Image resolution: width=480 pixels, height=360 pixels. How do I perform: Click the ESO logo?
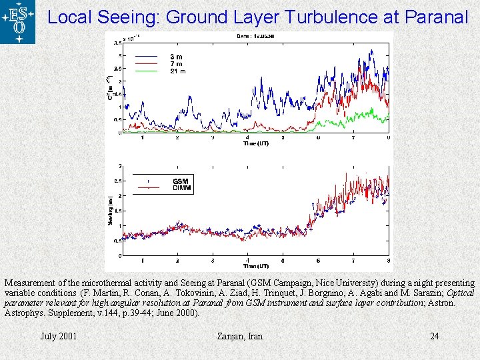(x=17, y=22)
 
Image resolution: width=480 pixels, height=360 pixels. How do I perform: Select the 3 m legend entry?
(x=176, y=57)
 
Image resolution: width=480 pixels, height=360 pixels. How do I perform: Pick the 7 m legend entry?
(x=176, y=63)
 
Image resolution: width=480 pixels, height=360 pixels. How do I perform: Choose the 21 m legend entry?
(x=177, y=70)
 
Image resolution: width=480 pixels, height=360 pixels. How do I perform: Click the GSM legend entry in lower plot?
(x=180, y=181)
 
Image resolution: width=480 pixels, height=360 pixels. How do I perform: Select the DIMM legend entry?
(x=182, y=188)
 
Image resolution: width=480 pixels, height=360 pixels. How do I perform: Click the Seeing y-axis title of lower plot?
(x=111, y=212)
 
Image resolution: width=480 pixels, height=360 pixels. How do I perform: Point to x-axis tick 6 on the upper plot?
(x=318, y=138)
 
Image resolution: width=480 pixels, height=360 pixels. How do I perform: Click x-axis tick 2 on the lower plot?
(x=177, y=259)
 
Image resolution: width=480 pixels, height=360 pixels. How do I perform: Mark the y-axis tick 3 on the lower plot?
(x=119, y=166)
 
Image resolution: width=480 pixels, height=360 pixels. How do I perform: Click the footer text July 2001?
(x=59, y=336)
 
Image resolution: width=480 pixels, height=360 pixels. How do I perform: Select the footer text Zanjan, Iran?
(x=240, y=336)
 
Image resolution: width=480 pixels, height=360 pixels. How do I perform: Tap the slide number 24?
(x=434, y=336)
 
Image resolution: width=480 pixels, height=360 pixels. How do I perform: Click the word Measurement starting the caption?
(x=31, y=283)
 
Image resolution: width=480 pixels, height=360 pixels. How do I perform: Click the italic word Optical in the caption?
(x=460, y=293)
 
